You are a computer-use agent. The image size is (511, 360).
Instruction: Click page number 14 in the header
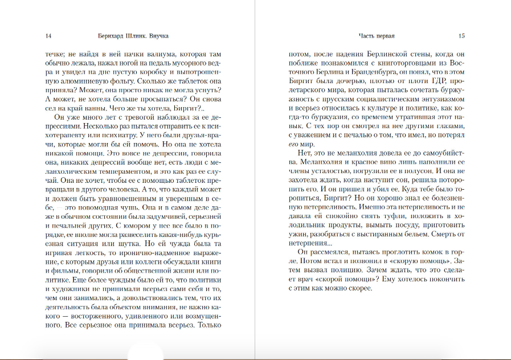pyautogui.click(x=48, y=36)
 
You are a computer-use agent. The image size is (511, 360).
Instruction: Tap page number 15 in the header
pyautogui.click(x=461, y=36)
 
